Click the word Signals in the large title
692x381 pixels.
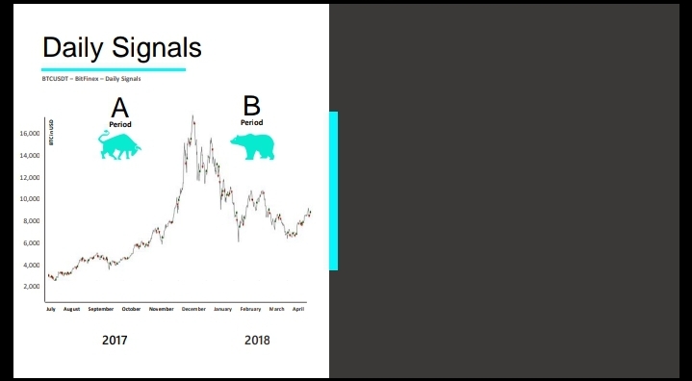(x=157, y=47)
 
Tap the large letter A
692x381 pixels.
(x=120, y=109)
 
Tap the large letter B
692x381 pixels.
(x=251, y=106)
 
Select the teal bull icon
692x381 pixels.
(x=119, y=144)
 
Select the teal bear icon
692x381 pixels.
(x=252, y=147)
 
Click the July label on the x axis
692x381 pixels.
(x=51, y=309)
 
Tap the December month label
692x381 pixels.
(x=193, y=309)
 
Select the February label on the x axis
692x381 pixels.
(x=250, y=309)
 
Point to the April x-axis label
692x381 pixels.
(x=298, y=309)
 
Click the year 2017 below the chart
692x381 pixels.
(x=115, y=341)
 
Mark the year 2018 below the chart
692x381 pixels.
(x=257, y=341)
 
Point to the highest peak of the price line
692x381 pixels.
(x=192, y=116)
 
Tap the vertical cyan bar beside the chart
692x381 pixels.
(x=334, y=190)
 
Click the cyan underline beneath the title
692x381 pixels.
(x=114, y=69)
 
